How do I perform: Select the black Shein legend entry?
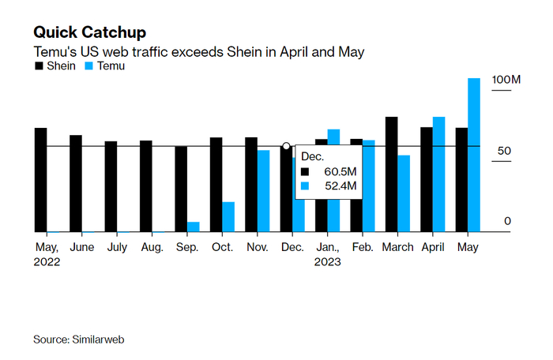(55, 66)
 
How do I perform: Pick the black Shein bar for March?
(391, 174)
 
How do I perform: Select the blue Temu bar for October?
(228, 217)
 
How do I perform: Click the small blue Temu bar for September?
(193, 227)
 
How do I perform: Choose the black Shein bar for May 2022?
(41, 180)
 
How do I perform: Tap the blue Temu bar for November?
(263, 191)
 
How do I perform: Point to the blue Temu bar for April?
(438, 174)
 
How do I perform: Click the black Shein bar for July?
(111, 186)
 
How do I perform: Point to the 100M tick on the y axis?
(506, 81)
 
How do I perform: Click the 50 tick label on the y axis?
(508, 151)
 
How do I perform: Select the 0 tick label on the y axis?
(508, 222)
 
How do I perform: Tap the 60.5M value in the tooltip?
(340, 171)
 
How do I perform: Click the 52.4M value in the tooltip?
(340, 186)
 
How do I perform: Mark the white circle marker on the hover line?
(286, 146)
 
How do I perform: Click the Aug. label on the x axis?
(152, 247)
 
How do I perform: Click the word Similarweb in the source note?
(100, 339)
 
